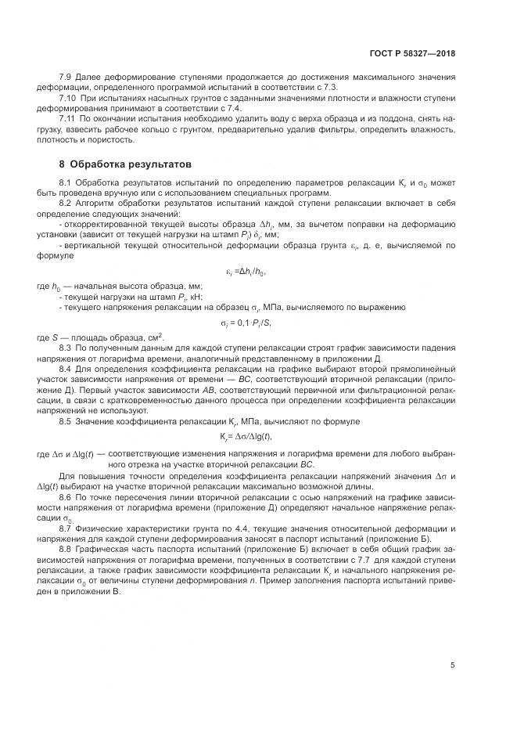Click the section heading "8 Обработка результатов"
pos(125,164)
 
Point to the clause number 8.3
pos(66,347)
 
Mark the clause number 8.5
pos(66,422)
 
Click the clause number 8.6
pos(66,497)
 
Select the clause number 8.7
pos(66,530)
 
